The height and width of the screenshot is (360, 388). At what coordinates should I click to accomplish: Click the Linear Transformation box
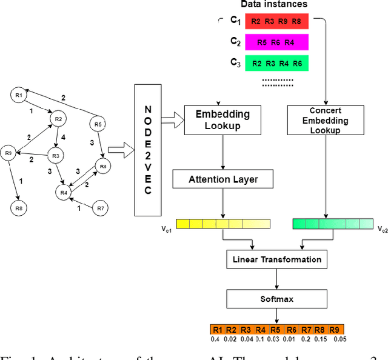[276, 259]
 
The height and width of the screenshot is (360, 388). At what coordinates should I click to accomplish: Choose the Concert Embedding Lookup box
[325, 120]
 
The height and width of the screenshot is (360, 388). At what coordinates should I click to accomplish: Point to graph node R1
[19, 95]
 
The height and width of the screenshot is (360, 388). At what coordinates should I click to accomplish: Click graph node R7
[101, 209]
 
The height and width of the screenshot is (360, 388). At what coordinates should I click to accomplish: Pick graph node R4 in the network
[63, 192]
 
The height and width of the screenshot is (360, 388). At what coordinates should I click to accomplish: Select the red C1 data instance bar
[276, 21]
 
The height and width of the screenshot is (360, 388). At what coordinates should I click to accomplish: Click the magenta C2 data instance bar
[276, 42]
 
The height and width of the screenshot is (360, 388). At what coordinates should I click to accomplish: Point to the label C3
[235, 62]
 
